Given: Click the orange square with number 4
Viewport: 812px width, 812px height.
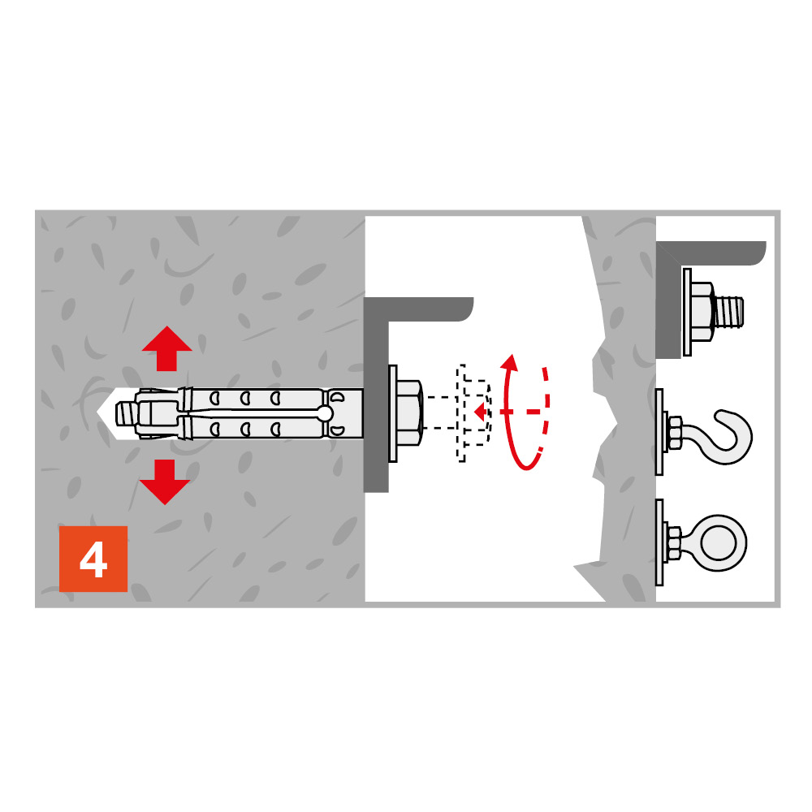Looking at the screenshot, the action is point(93,559).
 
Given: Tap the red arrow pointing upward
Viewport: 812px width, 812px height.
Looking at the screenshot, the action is point(166,348).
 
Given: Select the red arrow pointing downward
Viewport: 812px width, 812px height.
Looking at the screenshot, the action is point(165,482).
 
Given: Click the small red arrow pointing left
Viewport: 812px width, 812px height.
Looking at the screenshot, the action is point(481,412).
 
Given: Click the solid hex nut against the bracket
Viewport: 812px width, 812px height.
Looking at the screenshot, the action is point(409,412).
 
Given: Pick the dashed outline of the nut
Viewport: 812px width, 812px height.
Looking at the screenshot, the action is point(473,412).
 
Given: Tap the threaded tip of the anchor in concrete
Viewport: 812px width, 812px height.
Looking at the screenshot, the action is point(125,413).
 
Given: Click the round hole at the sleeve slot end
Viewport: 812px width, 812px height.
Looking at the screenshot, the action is point(326,413).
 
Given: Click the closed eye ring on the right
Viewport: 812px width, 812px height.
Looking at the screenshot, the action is point(719,542).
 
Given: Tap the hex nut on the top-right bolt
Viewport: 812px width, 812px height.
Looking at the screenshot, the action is point(702,312).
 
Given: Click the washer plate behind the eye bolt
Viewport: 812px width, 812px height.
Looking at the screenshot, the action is point(659,542).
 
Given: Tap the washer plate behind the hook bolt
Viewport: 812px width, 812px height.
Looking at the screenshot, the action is point(659,432).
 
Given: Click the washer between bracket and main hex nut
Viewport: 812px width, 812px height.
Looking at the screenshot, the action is point(393,413).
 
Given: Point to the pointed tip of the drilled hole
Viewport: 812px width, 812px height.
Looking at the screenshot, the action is point(98,412).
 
